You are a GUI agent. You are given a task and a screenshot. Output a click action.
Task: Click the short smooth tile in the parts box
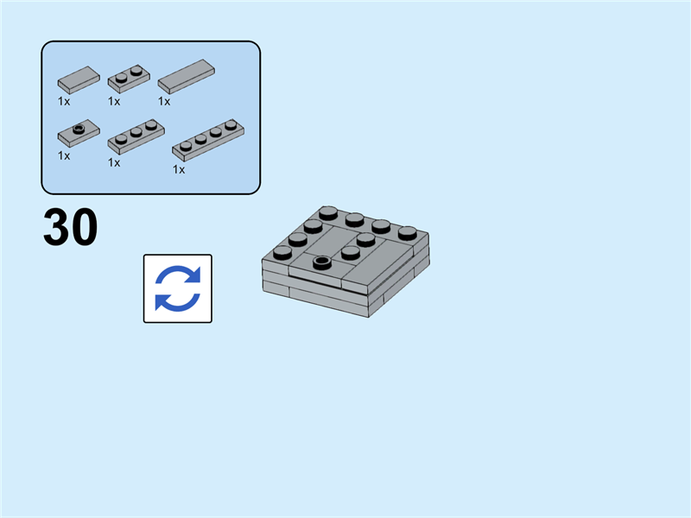pos(79,79)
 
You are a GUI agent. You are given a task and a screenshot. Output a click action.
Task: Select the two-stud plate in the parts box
pos(129,79)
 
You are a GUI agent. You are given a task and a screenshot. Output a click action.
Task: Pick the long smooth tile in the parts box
pos(186,76)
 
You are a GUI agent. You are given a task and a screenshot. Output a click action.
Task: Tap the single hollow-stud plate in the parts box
pos(79,133)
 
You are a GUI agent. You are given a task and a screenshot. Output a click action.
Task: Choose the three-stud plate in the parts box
pos(135,136)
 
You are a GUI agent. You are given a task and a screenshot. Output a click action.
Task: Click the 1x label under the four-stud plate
pos(179,169)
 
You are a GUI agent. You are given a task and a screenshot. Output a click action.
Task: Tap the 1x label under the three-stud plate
pos(114,161)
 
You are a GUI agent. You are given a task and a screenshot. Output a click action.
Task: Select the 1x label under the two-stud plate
pos(114,101)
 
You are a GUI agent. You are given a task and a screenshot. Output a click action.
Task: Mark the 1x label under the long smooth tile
pos(164,101)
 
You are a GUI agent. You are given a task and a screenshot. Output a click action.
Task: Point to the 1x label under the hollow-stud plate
pos(64,155)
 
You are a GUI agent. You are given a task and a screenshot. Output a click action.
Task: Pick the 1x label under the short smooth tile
pos(64,101)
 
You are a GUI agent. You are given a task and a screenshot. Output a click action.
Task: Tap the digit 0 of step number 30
pos(84,229)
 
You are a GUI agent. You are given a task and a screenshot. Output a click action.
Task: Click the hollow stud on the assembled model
pos(322,262)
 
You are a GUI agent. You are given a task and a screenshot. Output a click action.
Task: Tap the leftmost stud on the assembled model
pos(282,252)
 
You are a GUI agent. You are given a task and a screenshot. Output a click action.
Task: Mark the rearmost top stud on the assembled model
pos(327,212)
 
